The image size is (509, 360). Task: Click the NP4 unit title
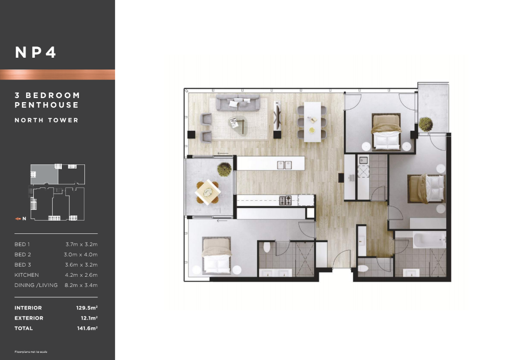coord(35,53)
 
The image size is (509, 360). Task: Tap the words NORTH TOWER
coord(47,120)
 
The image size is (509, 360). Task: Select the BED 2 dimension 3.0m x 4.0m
coord(81,255)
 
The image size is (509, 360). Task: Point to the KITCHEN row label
coord(27,275)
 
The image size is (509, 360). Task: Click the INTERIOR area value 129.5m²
coord(87,308)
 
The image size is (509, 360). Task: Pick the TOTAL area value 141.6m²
coord(87,328)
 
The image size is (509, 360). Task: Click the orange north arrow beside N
coord(18,219)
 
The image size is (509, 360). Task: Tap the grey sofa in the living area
coord(238,103)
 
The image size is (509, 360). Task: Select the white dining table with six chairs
coord(312,122)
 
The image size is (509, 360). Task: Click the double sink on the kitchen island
coord(284,165)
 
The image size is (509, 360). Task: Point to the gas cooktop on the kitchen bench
coord(285,201)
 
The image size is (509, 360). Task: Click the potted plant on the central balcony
coord(224,169)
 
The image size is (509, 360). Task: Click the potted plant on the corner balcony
coord(426,124)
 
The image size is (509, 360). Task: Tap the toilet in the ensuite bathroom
coord(267,247)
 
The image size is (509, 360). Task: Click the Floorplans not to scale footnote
coord(31,352)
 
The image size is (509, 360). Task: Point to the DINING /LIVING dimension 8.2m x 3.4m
coord(81,285)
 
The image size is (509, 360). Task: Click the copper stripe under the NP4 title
coord(57,74)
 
